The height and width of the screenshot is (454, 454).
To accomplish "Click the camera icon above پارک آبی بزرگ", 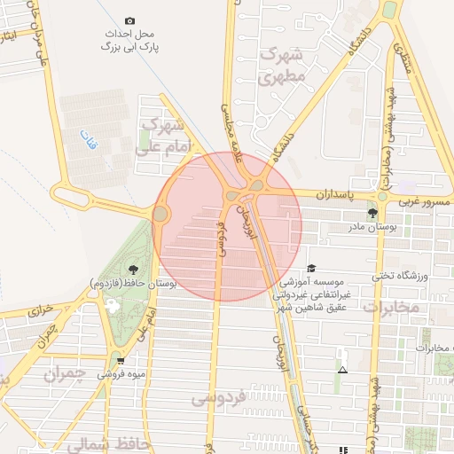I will click(130, 20).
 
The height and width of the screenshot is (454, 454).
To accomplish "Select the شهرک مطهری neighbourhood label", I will click(283, 67).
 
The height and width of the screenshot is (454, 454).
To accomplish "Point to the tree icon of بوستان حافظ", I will click(133, 270).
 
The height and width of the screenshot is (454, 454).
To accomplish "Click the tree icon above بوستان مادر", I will click(372, 213).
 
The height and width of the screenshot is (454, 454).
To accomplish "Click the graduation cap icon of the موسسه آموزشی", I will click(310, 268).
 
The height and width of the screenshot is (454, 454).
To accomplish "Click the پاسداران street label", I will click(335, 192).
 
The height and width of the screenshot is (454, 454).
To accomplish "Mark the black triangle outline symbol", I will click(342, 369).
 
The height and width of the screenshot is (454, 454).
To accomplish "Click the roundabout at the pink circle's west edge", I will click(160, 214).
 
